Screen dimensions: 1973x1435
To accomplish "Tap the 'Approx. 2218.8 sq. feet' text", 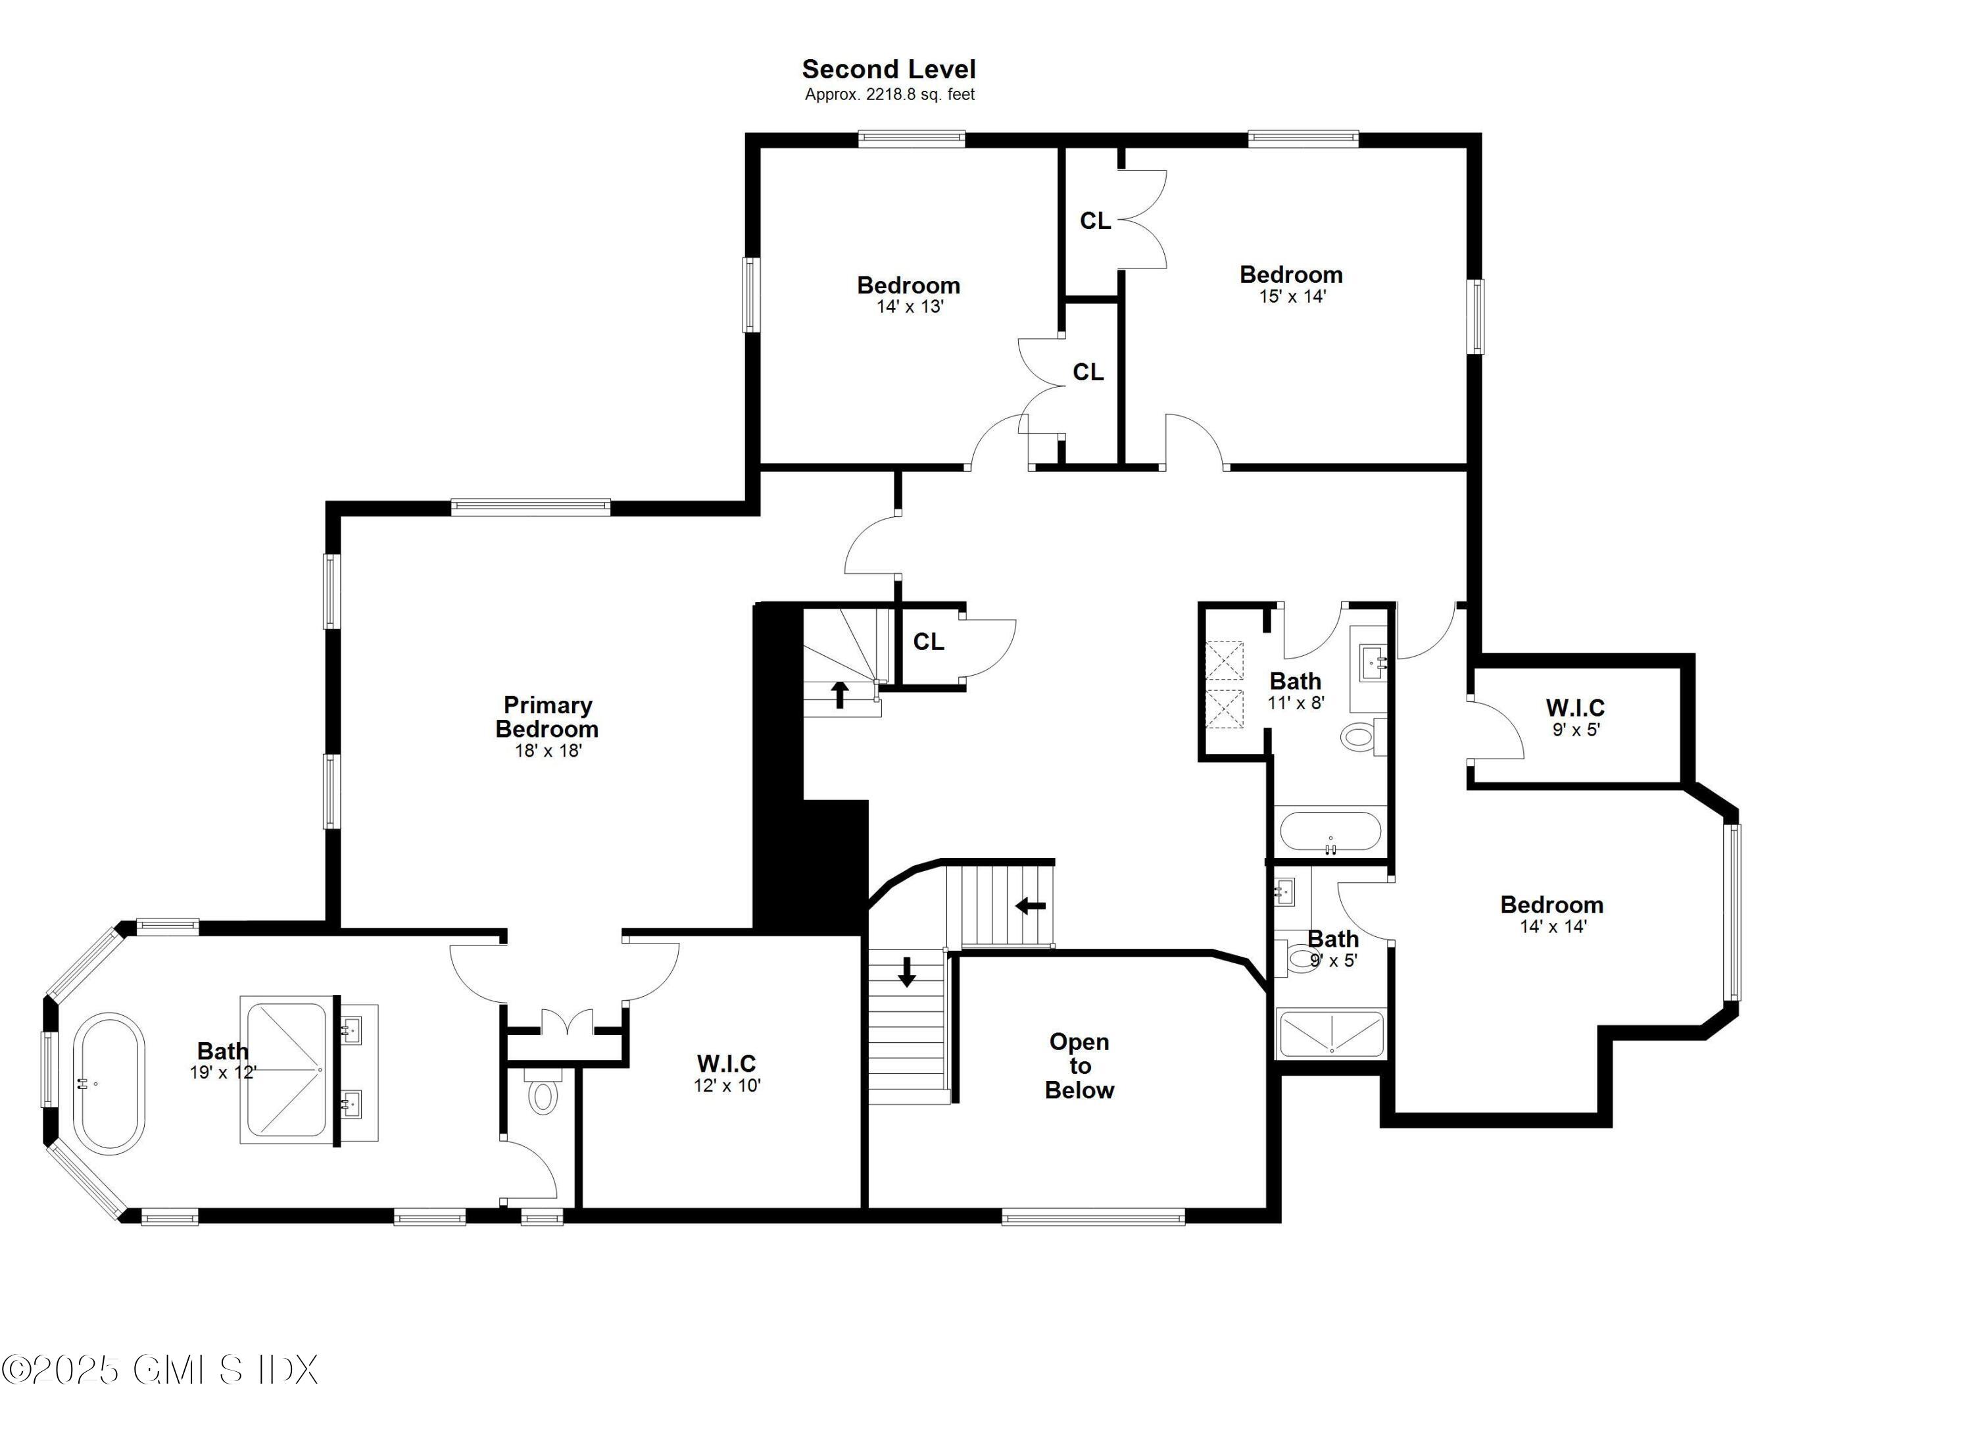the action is tap(889, 95).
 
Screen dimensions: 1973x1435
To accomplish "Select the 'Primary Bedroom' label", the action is tap(547, 717).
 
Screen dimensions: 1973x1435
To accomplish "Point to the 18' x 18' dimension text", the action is tap(548, 751).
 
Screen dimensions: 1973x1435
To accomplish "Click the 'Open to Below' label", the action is tap(1080, 1066).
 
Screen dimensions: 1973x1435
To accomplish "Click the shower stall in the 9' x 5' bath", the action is tap(1330, 1033).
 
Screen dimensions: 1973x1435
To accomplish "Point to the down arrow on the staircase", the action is tap(906, 972).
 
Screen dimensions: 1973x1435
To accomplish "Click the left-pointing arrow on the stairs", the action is tap(1030, 906).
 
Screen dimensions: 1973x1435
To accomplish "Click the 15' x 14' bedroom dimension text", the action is tap(1292, 297).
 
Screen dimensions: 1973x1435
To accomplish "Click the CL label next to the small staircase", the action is tap(928, 642).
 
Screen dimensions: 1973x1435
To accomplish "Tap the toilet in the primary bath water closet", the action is tap(543, 1095).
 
